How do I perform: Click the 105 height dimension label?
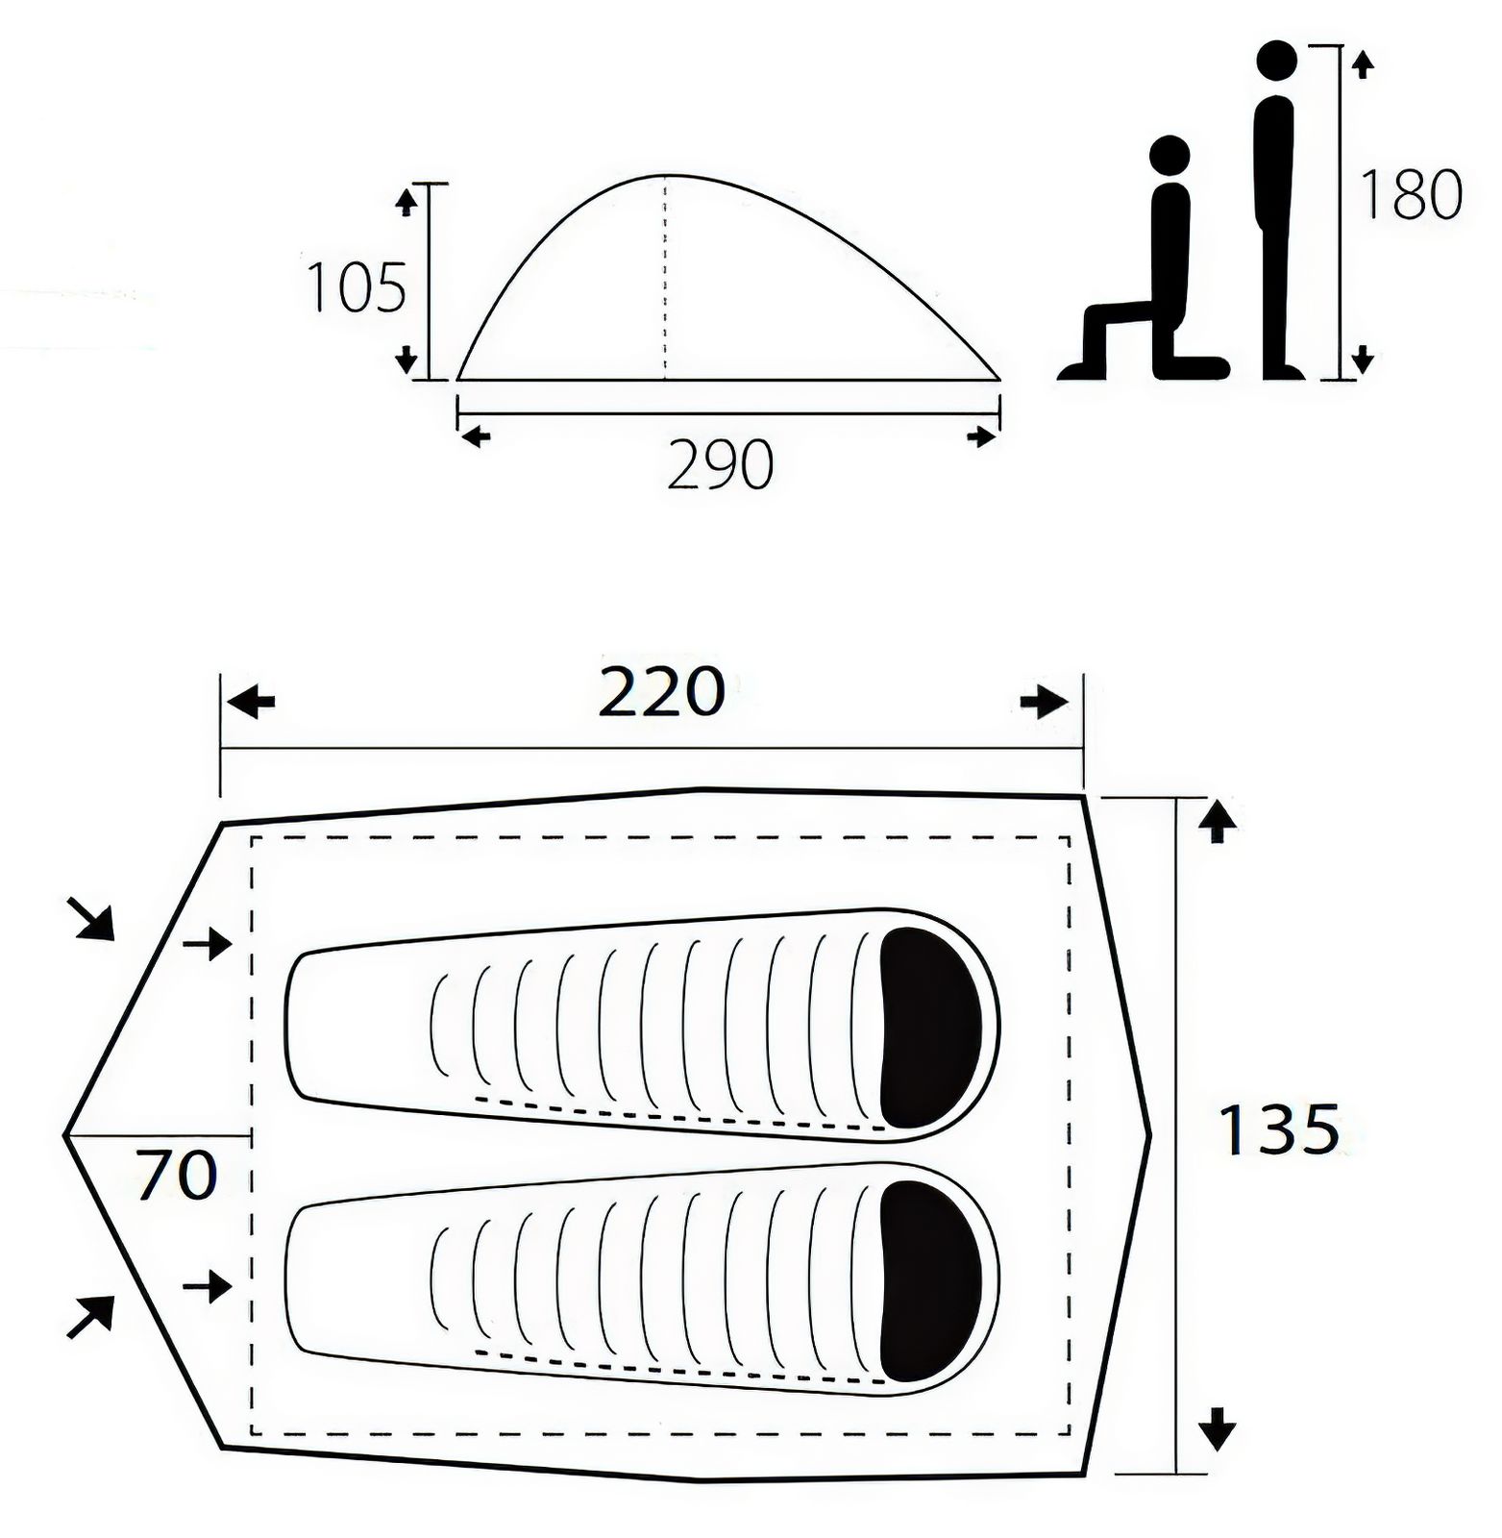pyautogui.click(x=356, y=287)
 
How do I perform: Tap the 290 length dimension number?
pyautogui.click(x=720, y=465)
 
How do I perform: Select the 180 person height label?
pyautogui.click(x=1410, y=195)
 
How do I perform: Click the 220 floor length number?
pyautogui.click(x=661, y=692)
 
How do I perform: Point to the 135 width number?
pyautogui.click(x=1278, y=1129)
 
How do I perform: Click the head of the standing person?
pyautogui.click(x=1276, y=61)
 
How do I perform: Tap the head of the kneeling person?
pyautogui.click(x=1170, y=155)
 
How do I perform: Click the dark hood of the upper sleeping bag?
pyautogui.click(x=930, y=1028)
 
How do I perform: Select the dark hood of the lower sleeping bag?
pyautogui.click(x=930, y=1281)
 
